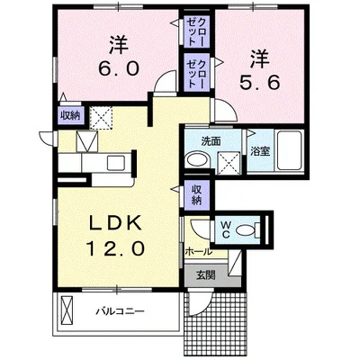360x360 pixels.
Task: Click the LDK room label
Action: [115, 223]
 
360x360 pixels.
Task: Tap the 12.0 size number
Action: [115, 248]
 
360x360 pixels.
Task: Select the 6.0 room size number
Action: [119, 67]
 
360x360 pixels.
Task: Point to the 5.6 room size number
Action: [259, 82]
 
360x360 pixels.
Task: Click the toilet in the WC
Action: [247, 230]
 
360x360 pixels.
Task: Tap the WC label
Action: [225, 229]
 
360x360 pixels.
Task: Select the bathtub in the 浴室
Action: [289, 150]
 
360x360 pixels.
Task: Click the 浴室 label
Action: [260, 151]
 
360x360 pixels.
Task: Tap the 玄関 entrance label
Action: [206, 274]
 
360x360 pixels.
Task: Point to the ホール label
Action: [198, 251]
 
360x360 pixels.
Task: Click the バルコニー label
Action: [120, 311]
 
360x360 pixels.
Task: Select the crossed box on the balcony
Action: [67, 310]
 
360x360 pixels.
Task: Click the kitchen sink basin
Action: [116, 163]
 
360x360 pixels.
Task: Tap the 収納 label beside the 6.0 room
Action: [71, 115]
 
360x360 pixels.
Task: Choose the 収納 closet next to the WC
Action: [196, 195]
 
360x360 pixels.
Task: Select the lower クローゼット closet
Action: [196, 73]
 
